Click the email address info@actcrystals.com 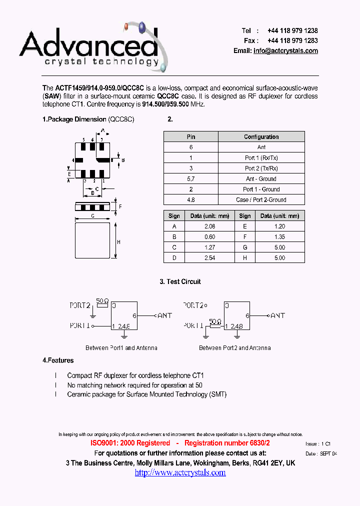tap(285, 50)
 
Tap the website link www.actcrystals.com tap(180, 472)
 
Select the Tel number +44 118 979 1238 tap(292, 30)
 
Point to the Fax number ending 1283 tap(292, 40)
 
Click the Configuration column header tap(261, 136)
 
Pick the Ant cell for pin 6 tap(261, 147)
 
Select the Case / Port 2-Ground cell tap(261, 199)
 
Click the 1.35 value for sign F tap(279, 236)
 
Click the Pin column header tap(191, 136)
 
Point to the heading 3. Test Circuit tap(180, 281)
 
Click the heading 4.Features tap(58, 360)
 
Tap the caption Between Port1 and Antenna tap(121, 347)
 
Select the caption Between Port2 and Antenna tap(235, 347)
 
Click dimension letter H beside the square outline tap(118, 242)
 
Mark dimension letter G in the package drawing tap(92, 215)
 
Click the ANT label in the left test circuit tap(165, 315)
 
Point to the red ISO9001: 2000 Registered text tap(130, 443)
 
